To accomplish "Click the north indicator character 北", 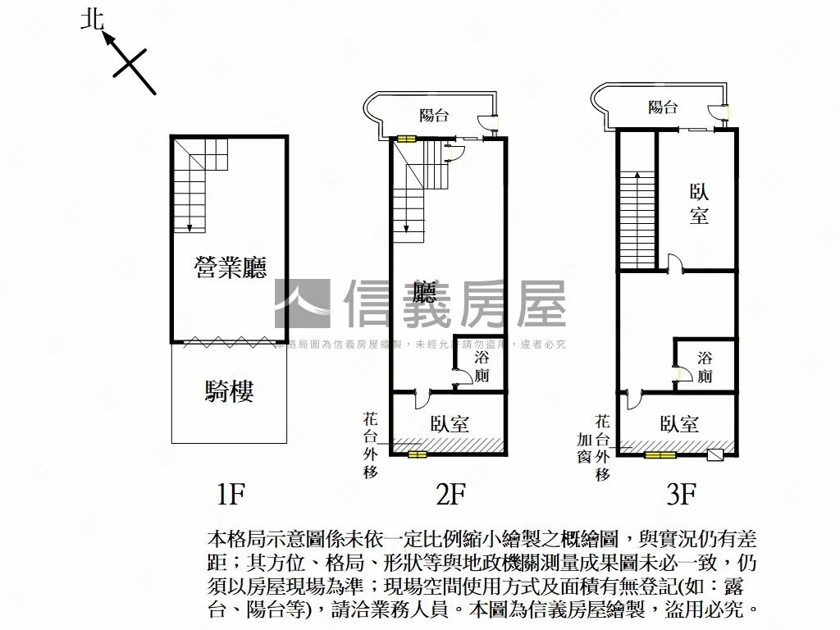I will click(x=92, y=19).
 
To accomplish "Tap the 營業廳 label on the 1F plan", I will click(x=231, y=267).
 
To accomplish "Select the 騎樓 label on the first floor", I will click(x=229, y=391).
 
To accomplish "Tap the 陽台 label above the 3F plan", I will click(x=663, y=107).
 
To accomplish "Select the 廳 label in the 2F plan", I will click(x=424, y=293).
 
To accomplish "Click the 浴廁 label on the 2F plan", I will click(x=482, y=367).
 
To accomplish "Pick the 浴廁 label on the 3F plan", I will click(x=705, y=367).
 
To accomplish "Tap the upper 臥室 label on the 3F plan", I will click(x=699, y=204).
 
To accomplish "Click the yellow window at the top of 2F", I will click(x=406, y=139).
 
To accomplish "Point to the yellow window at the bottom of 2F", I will click(x=417, y=454).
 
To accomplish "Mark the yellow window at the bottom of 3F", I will click(x=660, y=454).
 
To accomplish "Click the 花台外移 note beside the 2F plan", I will click(x=371, y=445).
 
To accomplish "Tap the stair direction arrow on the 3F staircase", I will click(x=636, y=177).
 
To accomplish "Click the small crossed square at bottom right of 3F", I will click(x=714, y=454).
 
